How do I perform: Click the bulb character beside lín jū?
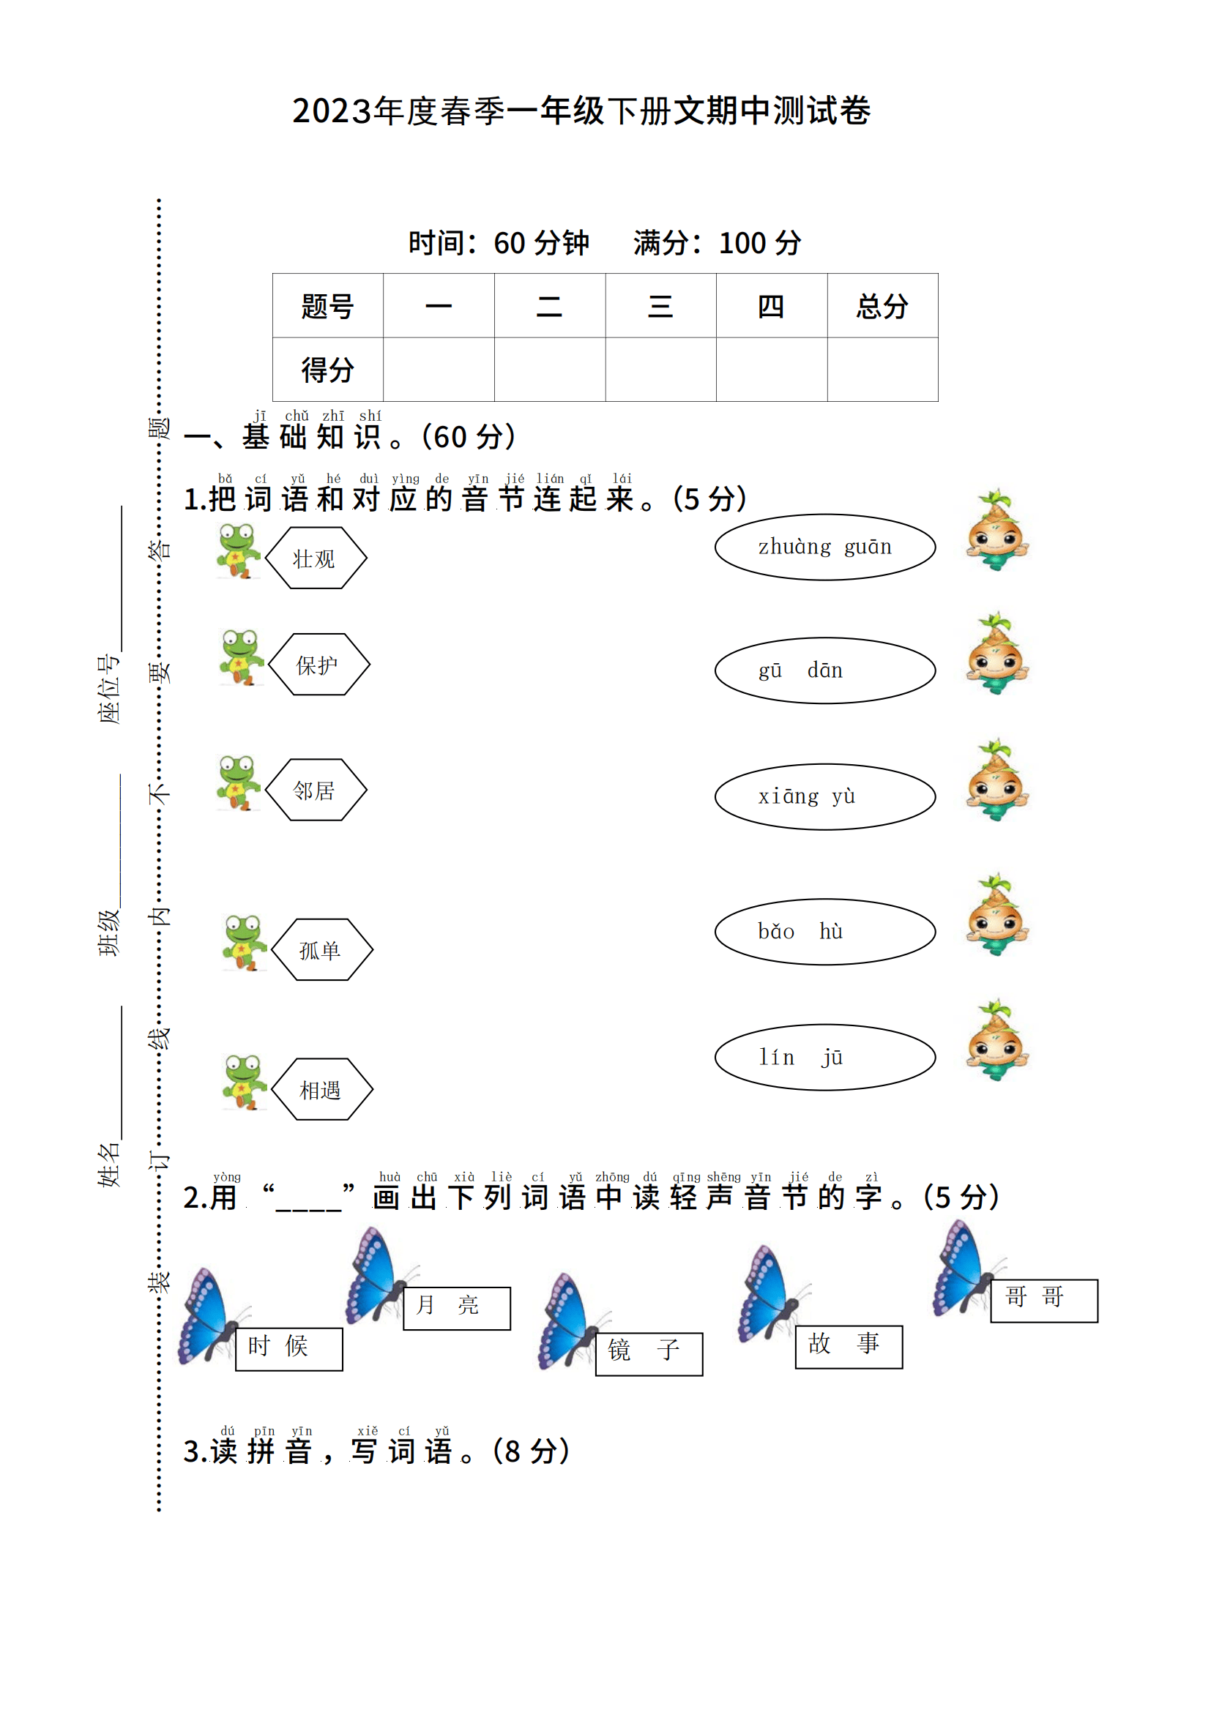[997, 1039]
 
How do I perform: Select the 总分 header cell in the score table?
[883, 306]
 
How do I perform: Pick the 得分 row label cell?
[328, 370]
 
